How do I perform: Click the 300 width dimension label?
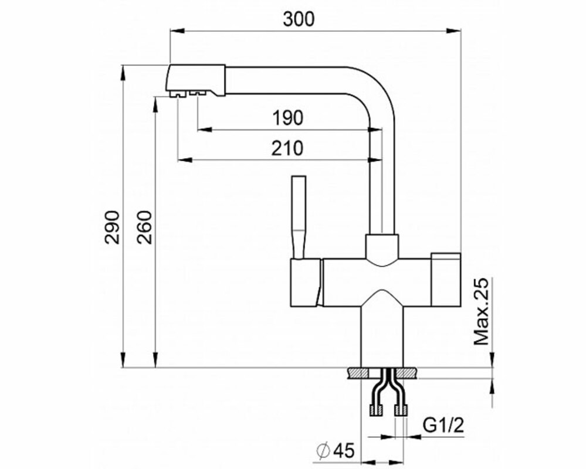[x=299, y=19]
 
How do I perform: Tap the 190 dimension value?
[x=287, y=118]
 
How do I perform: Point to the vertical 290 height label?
[x=111, y=227]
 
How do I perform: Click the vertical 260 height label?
[x=144, y=227]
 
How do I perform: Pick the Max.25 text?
[x=482, y=311]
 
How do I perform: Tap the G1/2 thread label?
[x=443, y=425]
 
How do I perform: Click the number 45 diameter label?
[x=343, y=451]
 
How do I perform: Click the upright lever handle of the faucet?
[x=299, y=216]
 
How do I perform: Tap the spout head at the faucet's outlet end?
[x=195, y=81]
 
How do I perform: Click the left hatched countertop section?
[x=358, y=373]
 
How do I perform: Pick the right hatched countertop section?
[x=407, y=373]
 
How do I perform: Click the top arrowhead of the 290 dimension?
[x=122, y=73]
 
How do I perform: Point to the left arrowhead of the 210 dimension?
[x=185, y=160]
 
